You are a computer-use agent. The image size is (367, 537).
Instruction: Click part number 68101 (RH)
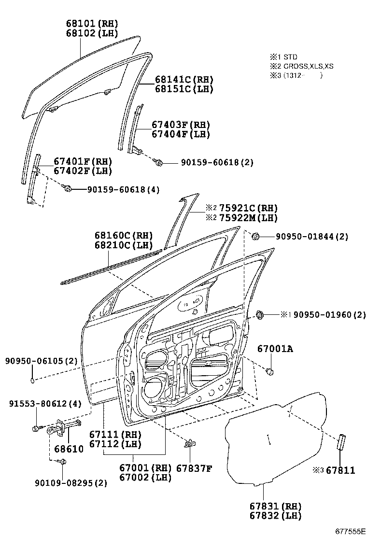point(92,24)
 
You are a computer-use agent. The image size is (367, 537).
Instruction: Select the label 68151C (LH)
point(184,89)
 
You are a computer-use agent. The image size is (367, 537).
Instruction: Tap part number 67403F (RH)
point(181,125)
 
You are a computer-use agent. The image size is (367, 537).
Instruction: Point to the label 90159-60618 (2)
point(217,162)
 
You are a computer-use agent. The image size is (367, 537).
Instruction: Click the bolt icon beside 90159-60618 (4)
point(67,187)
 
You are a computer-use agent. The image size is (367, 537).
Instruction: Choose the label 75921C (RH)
point(248,208)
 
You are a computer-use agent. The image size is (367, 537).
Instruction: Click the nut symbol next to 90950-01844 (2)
point(255,236)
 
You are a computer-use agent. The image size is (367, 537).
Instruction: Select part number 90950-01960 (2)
point(330,314)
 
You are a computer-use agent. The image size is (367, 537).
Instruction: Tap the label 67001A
point(275,349)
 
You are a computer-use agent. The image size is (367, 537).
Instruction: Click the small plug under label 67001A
point(270,371)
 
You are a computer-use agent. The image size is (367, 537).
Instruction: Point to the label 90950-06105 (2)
point(41,361)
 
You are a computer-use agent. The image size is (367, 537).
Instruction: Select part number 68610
point(69,449)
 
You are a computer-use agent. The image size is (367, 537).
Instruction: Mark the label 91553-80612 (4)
point(45,403)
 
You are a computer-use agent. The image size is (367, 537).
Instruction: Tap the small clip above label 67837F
point(190,444)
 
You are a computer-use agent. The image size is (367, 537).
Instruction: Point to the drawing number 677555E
point(350,531)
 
